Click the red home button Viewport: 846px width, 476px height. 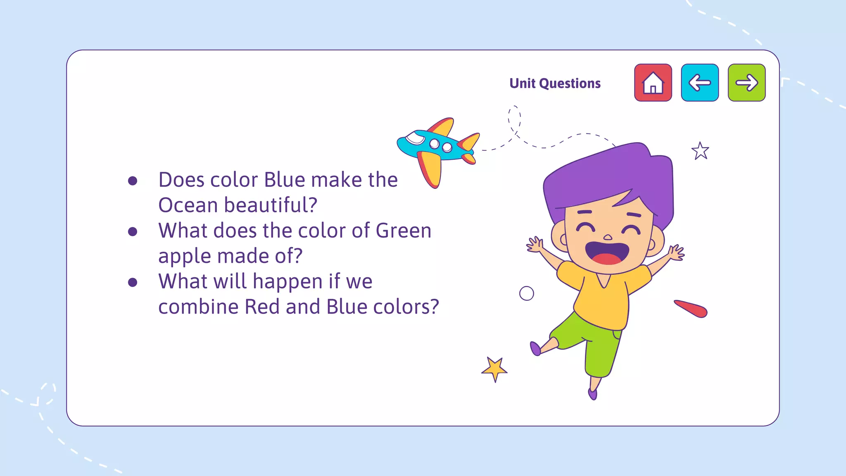click(x=653, y=83)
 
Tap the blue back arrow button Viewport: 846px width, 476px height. click(x=700, y=83)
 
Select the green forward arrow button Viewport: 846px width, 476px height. click(x=746, y=83)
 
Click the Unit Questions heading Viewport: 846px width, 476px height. click(x=555, y=83)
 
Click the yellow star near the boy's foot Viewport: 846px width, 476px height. click(x=494, y=369)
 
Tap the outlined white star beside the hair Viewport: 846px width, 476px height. click(x=700, y=151)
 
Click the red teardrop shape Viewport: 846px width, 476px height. click(x=692, y=309)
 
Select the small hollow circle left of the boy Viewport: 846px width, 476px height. click(x=526, y=293)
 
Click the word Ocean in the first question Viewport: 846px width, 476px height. click(x=188, y=205)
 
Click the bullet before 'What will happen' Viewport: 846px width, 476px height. click(x=133, y=282)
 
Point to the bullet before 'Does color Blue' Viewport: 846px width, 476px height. click(x=133, y=181)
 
